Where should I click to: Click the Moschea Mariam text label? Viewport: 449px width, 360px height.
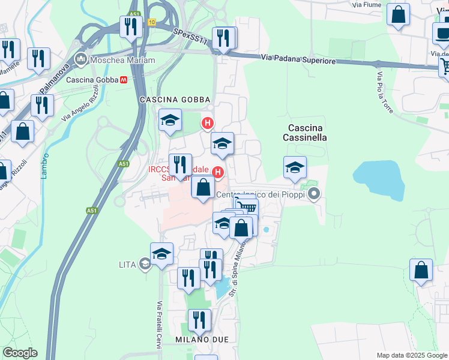coord(122,60)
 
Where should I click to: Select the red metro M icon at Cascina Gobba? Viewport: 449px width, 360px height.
coord(124,79)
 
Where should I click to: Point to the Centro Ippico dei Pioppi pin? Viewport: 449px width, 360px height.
coord(314,194)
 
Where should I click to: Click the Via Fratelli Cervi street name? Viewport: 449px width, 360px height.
coord(160,322)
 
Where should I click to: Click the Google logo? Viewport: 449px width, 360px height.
coord(19,353)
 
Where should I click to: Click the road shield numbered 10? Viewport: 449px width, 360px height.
coord(151,22)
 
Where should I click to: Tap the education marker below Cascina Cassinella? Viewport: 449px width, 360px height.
coord(295,167)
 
